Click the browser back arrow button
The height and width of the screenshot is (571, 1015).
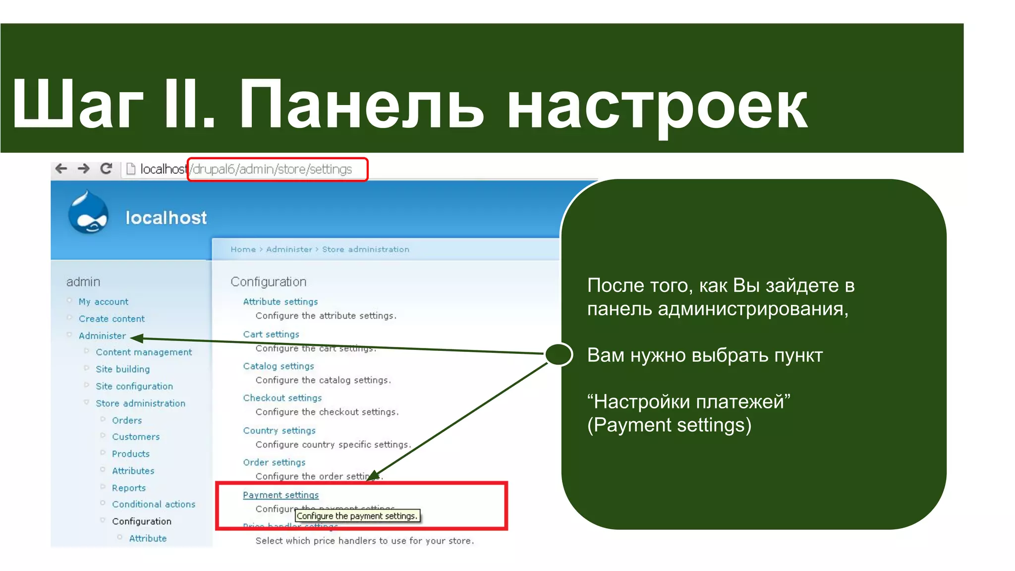pyautogui.click(x=61, y=169)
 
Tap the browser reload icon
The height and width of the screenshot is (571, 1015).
pyautogui.click(x=106, y=169)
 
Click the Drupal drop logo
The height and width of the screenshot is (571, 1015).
pyautogui.click(x=89, y=213)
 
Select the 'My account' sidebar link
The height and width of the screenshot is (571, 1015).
pyautogui.click(x=103, y=302)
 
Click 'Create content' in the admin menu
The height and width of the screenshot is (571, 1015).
pyautogui.click(x=112, y=319)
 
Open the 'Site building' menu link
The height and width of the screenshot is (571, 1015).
pyautogui.click(x=122, y=369)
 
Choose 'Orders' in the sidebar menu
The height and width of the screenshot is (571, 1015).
pyautogui.click(x=127, y=420)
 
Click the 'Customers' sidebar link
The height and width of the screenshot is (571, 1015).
pyautogui.click(x=136, y=437)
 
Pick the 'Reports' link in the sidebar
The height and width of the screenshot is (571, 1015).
pyautogui.click(x=129, y=488)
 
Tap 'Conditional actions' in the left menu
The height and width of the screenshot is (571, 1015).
pyautogui.click(x=154, y=504)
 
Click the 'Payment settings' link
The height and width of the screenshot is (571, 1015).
pyautogui.click(x=281, y=495)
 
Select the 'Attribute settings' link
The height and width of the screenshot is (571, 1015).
pyautogui.click(x=281, y=301)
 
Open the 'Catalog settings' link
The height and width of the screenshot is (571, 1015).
pyautogui.click(x=279, y=366)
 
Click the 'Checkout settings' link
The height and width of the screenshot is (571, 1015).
pyautogui.click(x=282, y=398)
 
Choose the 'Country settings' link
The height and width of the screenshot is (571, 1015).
pyautogui.click(x=279, y=430)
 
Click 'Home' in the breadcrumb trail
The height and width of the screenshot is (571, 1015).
pyautogui.click(x=243, y=249)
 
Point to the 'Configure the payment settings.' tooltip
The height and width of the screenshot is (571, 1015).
pyautogui.click(x=357, y=516)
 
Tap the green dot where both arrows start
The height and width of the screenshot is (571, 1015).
pyautogui.click(x=559, y=354)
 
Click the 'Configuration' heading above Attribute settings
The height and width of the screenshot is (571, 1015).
pyautogui.click(x=269, y=282)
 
